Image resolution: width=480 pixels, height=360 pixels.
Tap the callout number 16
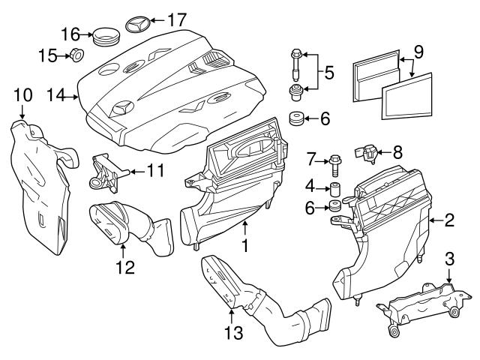coord(70,34)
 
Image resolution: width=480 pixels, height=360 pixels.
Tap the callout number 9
coord(418,52)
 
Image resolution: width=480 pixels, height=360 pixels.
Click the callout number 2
coord(448,220)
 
